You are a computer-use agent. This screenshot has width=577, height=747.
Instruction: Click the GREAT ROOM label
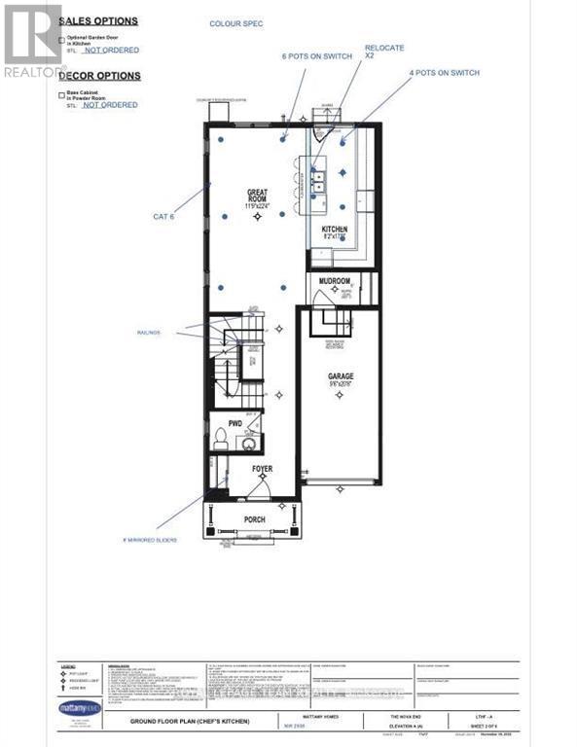coord(258,197)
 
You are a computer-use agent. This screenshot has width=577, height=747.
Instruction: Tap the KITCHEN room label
coord(335,231)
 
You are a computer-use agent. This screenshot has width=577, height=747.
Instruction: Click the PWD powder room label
coord(234,424)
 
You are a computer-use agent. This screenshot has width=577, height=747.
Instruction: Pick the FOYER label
coord(262,469)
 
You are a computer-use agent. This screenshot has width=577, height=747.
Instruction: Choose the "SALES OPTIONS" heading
coord(99,20)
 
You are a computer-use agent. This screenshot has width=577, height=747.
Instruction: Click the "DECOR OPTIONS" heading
coord(99,76)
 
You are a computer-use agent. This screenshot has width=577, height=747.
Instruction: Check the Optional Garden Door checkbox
coord(62,40)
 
